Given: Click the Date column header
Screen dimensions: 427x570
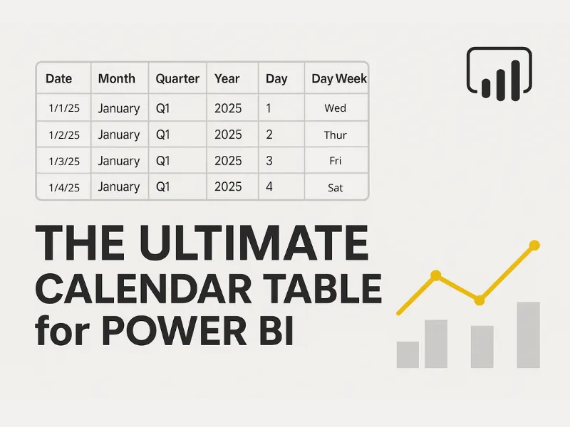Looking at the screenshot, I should [58, 79].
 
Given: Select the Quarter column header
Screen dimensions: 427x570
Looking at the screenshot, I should [177, 79].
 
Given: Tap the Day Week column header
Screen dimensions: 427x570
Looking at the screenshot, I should [339, 79].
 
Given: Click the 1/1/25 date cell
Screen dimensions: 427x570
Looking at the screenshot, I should [63, 108].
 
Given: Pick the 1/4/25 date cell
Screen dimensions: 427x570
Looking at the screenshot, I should [64, 188].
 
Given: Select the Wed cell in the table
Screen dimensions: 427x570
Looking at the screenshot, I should [335, 108].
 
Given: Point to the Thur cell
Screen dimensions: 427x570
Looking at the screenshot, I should [335, 135].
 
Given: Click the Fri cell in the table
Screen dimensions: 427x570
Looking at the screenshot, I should [335, 162].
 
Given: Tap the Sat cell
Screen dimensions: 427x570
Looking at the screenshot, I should [335, 188].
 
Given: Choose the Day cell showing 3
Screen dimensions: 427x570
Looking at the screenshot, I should [269, 162].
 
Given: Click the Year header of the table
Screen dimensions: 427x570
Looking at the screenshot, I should [227, 79].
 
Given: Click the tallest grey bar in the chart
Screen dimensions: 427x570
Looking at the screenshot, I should [528, 334].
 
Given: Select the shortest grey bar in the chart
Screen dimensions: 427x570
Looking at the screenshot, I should [408, 354].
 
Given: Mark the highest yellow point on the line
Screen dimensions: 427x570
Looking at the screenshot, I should [534, 246].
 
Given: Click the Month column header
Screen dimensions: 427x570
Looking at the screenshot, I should [117, 79].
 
